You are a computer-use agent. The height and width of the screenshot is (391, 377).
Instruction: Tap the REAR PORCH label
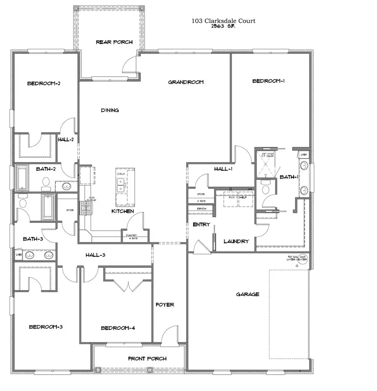(x=114, y=42)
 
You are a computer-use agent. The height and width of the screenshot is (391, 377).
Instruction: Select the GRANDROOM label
(x=186, y=82)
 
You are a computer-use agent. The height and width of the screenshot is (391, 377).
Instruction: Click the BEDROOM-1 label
(x=269, y=81)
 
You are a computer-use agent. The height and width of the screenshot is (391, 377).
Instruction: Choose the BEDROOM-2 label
(x=44, y=83)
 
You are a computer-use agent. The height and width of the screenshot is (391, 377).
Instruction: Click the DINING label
(x=110, y=110)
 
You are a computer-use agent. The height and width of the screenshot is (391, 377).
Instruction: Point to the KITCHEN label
(x=122, y=211)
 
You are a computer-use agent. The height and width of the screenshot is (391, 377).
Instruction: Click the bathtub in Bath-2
(x=21, y=177)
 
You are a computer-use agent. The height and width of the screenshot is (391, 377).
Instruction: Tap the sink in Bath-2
(x=66, y=186)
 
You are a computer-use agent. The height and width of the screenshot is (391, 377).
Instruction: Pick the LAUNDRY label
(x=236, y=241)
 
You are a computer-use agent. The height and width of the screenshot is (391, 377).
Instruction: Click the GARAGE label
(x=248, y=294)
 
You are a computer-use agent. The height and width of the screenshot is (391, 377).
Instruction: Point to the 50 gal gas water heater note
(x=297, y=258)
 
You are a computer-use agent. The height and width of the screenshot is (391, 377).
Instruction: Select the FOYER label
(x=165, y=305)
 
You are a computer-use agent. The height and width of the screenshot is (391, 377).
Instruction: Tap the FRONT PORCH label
(x=147, y=358)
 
